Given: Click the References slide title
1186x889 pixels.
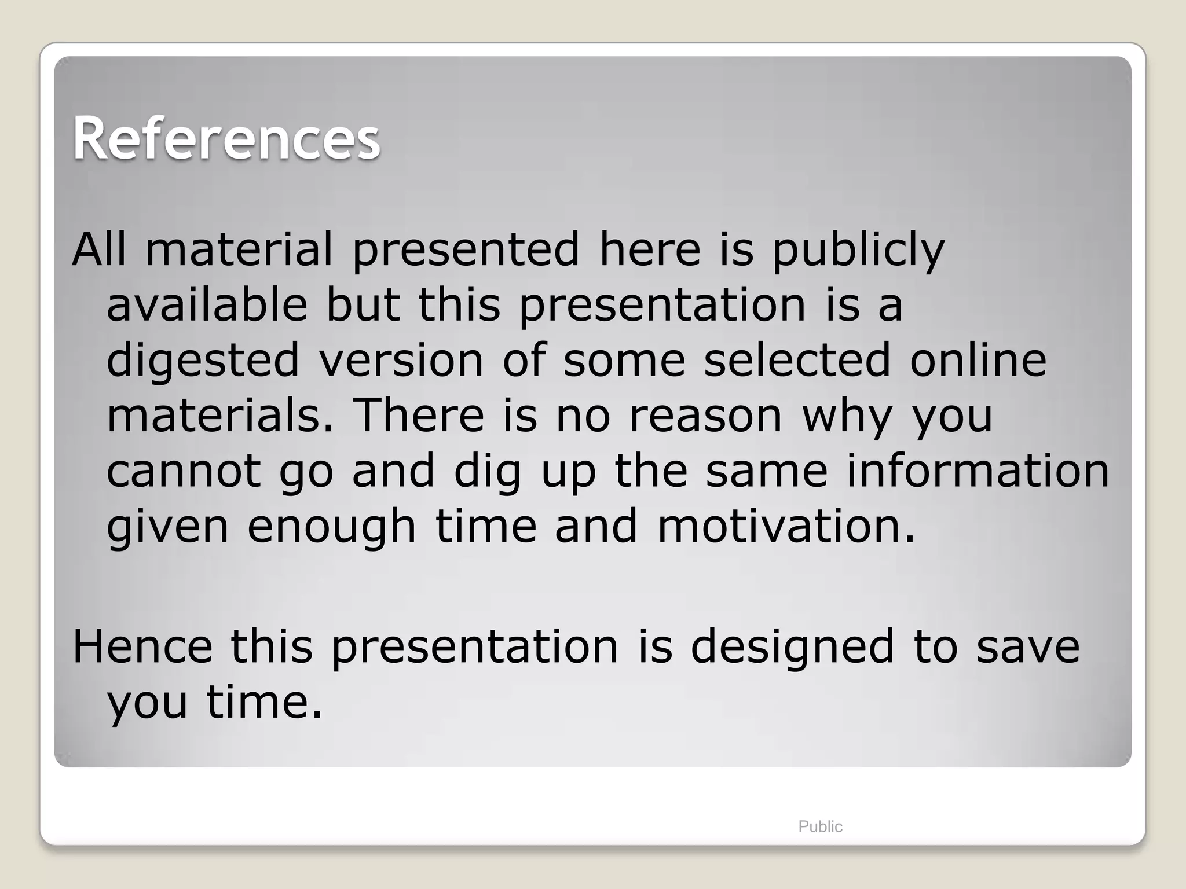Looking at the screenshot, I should coord(226,139).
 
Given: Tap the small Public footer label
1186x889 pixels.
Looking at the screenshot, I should coord(820,826).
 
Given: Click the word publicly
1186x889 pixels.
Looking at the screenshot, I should coord(858,250).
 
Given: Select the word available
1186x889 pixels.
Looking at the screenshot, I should coord(207,305).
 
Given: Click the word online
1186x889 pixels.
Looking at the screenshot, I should coord(978,360).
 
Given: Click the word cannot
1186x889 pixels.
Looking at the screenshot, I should coord(184,471).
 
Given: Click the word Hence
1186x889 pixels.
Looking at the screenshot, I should coord(142,646).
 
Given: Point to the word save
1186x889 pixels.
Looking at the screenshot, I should coord(1028,646).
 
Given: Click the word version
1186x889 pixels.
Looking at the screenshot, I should coord(401,360).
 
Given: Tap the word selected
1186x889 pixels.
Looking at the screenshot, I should coord(797,360).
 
